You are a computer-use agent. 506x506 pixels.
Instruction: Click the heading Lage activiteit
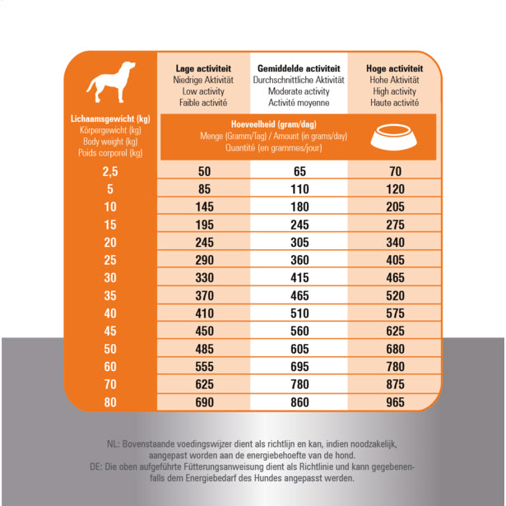click(203, 68)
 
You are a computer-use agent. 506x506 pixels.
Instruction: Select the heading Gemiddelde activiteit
click(298, 68)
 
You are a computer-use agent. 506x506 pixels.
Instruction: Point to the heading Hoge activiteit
click(394, 68)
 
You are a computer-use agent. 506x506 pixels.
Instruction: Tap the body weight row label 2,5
click(110, 171)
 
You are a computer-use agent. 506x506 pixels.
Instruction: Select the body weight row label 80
click(110, 402)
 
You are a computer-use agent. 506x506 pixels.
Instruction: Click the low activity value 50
click(204, 171)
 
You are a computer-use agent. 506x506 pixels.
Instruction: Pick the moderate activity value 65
click(299, 171)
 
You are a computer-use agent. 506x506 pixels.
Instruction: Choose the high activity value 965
click(394, 402)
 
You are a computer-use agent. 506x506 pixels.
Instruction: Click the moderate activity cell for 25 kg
click(299, 259)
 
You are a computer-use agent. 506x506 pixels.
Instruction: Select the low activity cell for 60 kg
click(204, 366)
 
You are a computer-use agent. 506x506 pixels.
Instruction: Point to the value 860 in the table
click(299, 402)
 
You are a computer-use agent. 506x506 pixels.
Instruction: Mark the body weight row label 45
click(110, 331)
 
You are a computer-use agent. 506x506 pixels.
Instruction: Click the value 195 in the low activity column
click(204, 225)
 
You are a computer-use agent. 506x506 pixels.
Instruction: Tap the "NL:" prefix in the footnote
click(113, 444)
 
